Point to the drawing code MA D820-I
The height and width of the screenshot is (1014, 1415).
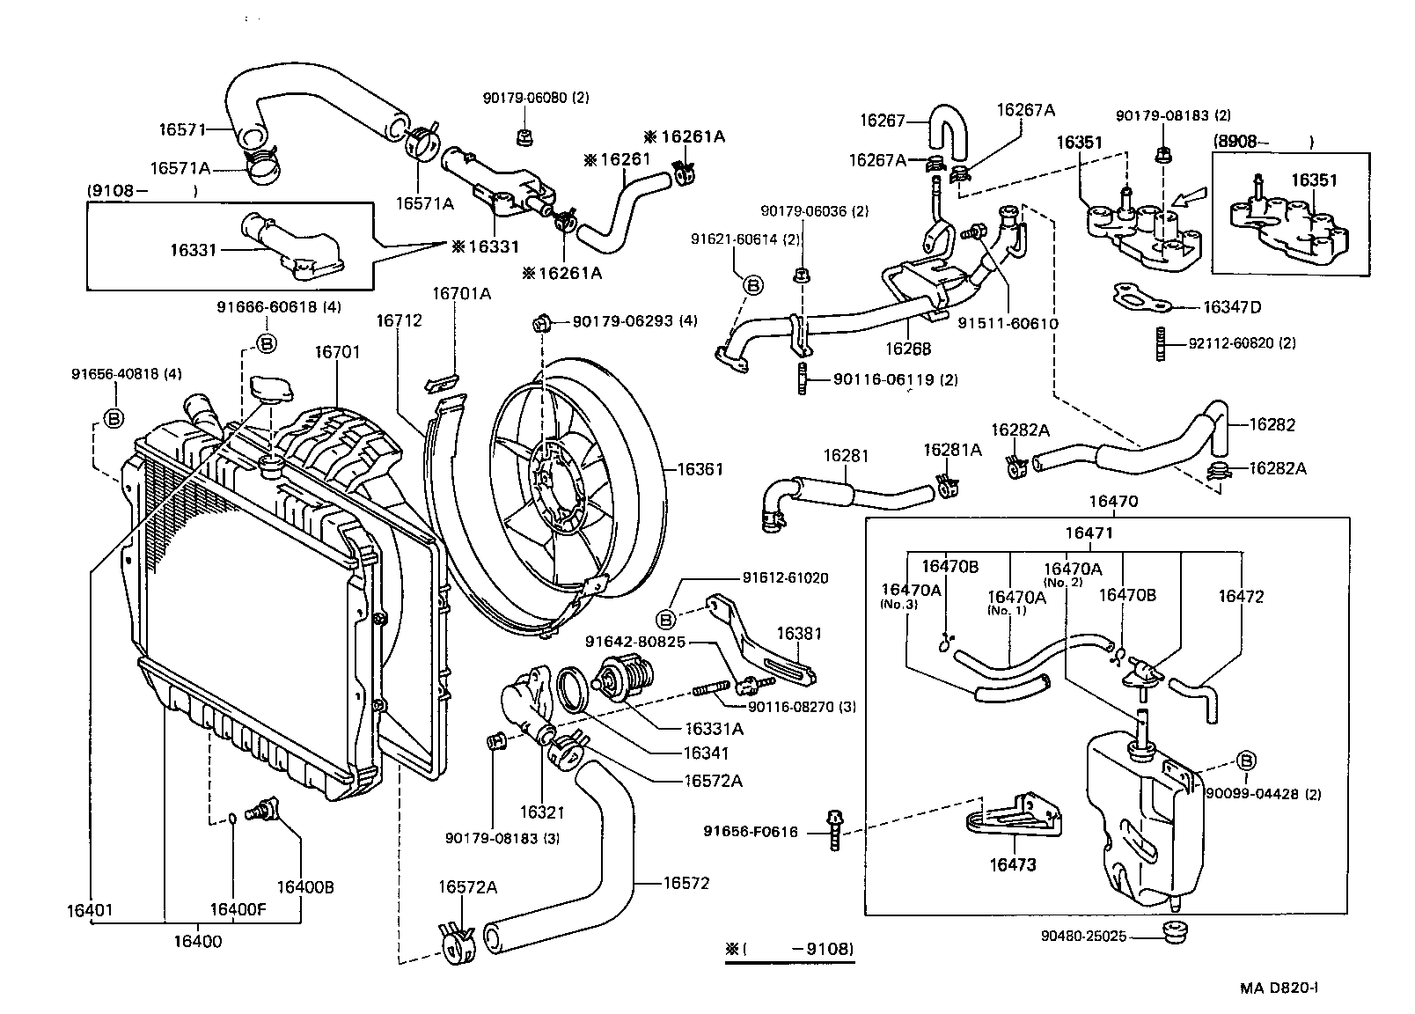pos(1279,988)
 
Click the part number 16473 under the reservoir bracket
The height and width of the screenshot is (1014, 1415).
pos(1013,864)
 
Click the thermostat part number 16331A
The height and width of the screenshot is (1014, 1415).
pos(714,729)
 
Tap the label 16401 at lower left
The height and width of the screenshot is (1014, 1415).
pos(90,910)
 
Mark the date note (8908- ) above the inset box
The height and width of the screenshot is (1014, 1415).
pos(1263,141)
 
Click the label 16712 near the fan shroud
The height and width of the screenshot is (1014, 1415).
pos(399,320)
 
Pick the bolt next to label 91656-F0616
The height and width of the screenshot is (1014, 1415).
pos(833,828)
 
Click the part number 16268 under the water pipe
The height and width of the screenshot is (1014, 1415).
pos(907,349)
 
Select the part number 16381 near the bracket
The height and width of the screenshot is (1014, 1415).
pos(798,633)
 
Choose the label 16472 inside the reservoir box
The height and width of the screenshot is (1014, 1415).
pos(1241,596)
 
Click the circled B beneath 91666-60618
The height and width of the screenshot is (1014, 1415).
pos(266,343)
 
